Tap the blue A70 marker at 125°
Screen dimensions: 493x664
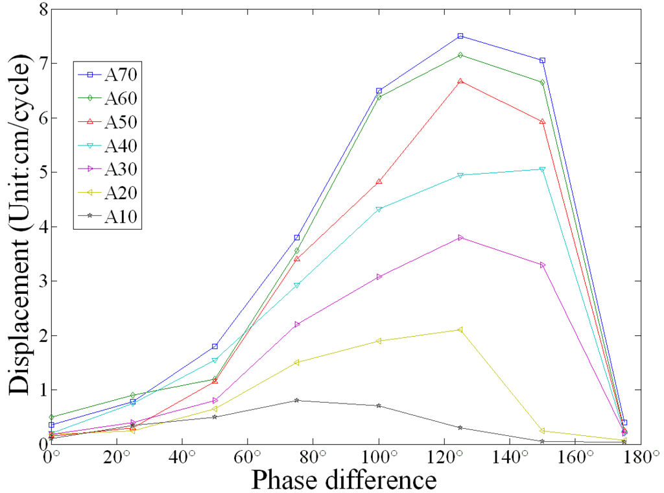coord(460,36)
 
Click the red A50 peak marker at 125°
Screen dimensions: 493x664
coord(460,81)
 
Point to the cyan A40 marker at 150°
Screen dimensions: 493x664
coord(542,169)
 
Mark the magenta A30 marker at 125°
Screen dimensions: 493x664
coord(460,237)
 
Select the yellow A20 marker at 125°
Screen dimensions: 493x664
coord(460,330)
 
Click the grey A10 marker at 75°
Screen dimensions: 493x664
coord(296,400)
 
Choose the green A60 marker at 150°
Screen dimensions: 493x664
coord(542,82)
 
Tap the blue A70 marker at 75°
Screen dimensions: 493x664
coord(296,237)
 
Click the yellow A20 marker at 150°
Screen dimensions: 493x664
coord(542,431)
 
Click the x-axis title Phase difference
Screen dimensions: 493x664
coord(344,480)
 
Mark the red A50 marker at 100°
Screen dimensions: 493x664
coord(379,182)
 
